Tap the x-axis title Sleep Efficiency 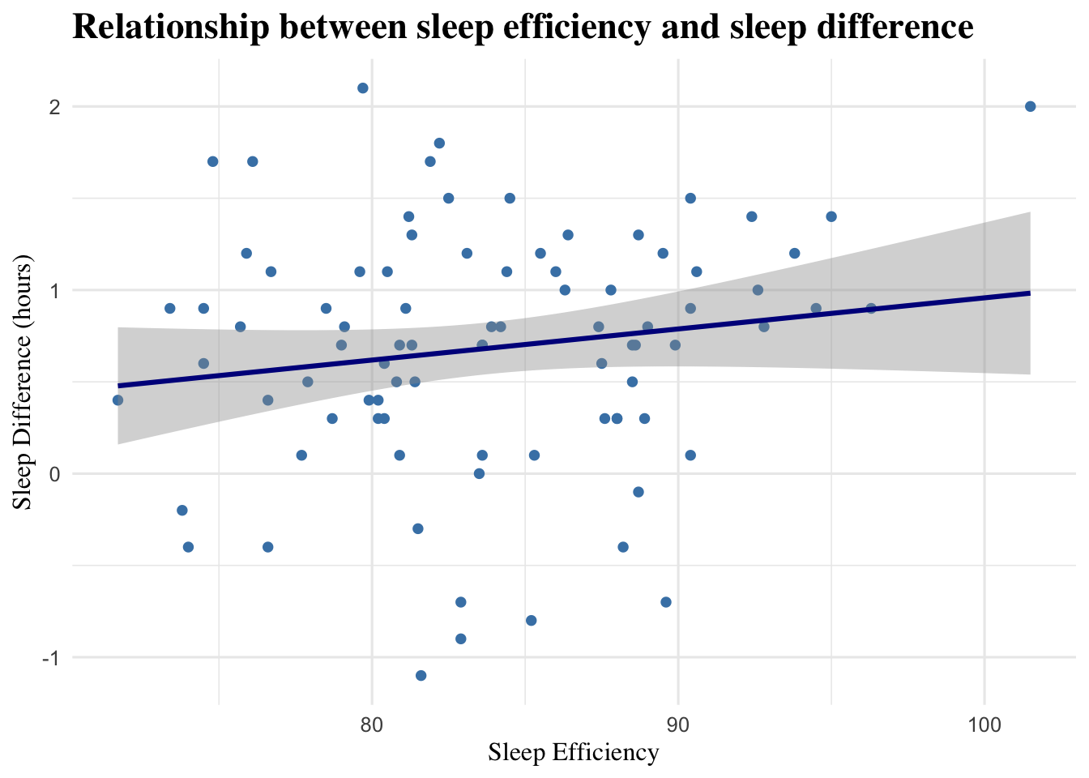pyautogui.click(x=573, y=753)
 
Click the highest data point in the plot pyautogui.click(x=363, y=88)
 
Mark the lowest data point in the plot pyautogui.click(x=421, y=675)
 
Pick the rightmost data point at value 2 pyautogui.click(x=1030, y=106)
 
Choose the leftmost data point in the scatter pyautogui.click(x=117, y=400)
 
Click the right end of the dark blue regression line pyautogui.click(x=1029, y=293)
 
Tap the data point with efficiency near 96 pyautogui.click(x=871, y=308)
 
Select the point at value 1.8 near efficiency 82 pyautogui.click(x=439, y=143)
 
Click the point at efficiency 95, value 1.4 pyautogui.click(x=831, y=216)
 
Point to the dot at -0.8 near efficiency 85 pyautogui.click(x=531, y=621)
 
